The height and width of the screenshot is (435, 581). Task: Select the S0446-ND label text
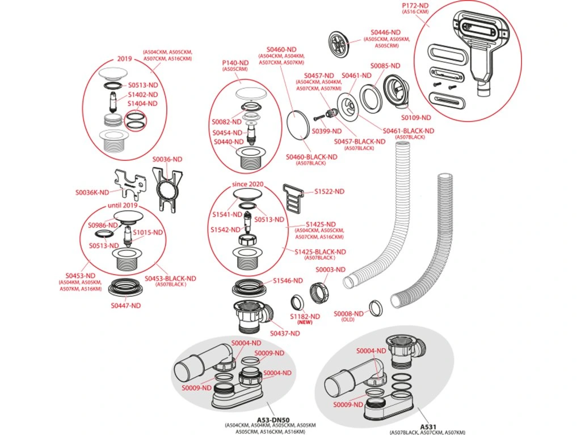coord(386,33)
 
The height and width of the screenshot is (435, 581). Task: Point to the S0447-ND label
coord(125,305)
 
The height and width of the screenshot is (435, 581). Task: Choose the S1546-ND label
coord(289,280)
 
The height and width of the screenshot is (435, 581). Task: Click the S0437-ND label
coord(285,333)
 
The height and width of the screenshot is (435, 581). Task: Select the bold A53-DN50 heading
coord(270,419)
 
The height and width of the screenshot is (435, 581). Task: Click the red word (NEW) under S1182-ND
coord(305,322)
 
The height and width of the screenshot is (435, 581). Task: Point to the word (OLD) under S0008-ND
coord(348,319)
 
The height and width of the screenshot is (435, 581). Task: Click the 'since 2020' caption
coord(248,185)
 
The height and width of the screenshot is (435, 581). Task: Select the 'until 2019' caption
coord(124,205)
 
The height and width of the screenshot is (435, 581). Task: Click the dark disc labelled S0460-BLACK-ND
coord(300,123)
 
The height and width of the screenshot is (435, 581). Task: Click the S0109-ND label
coord(418,117)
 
